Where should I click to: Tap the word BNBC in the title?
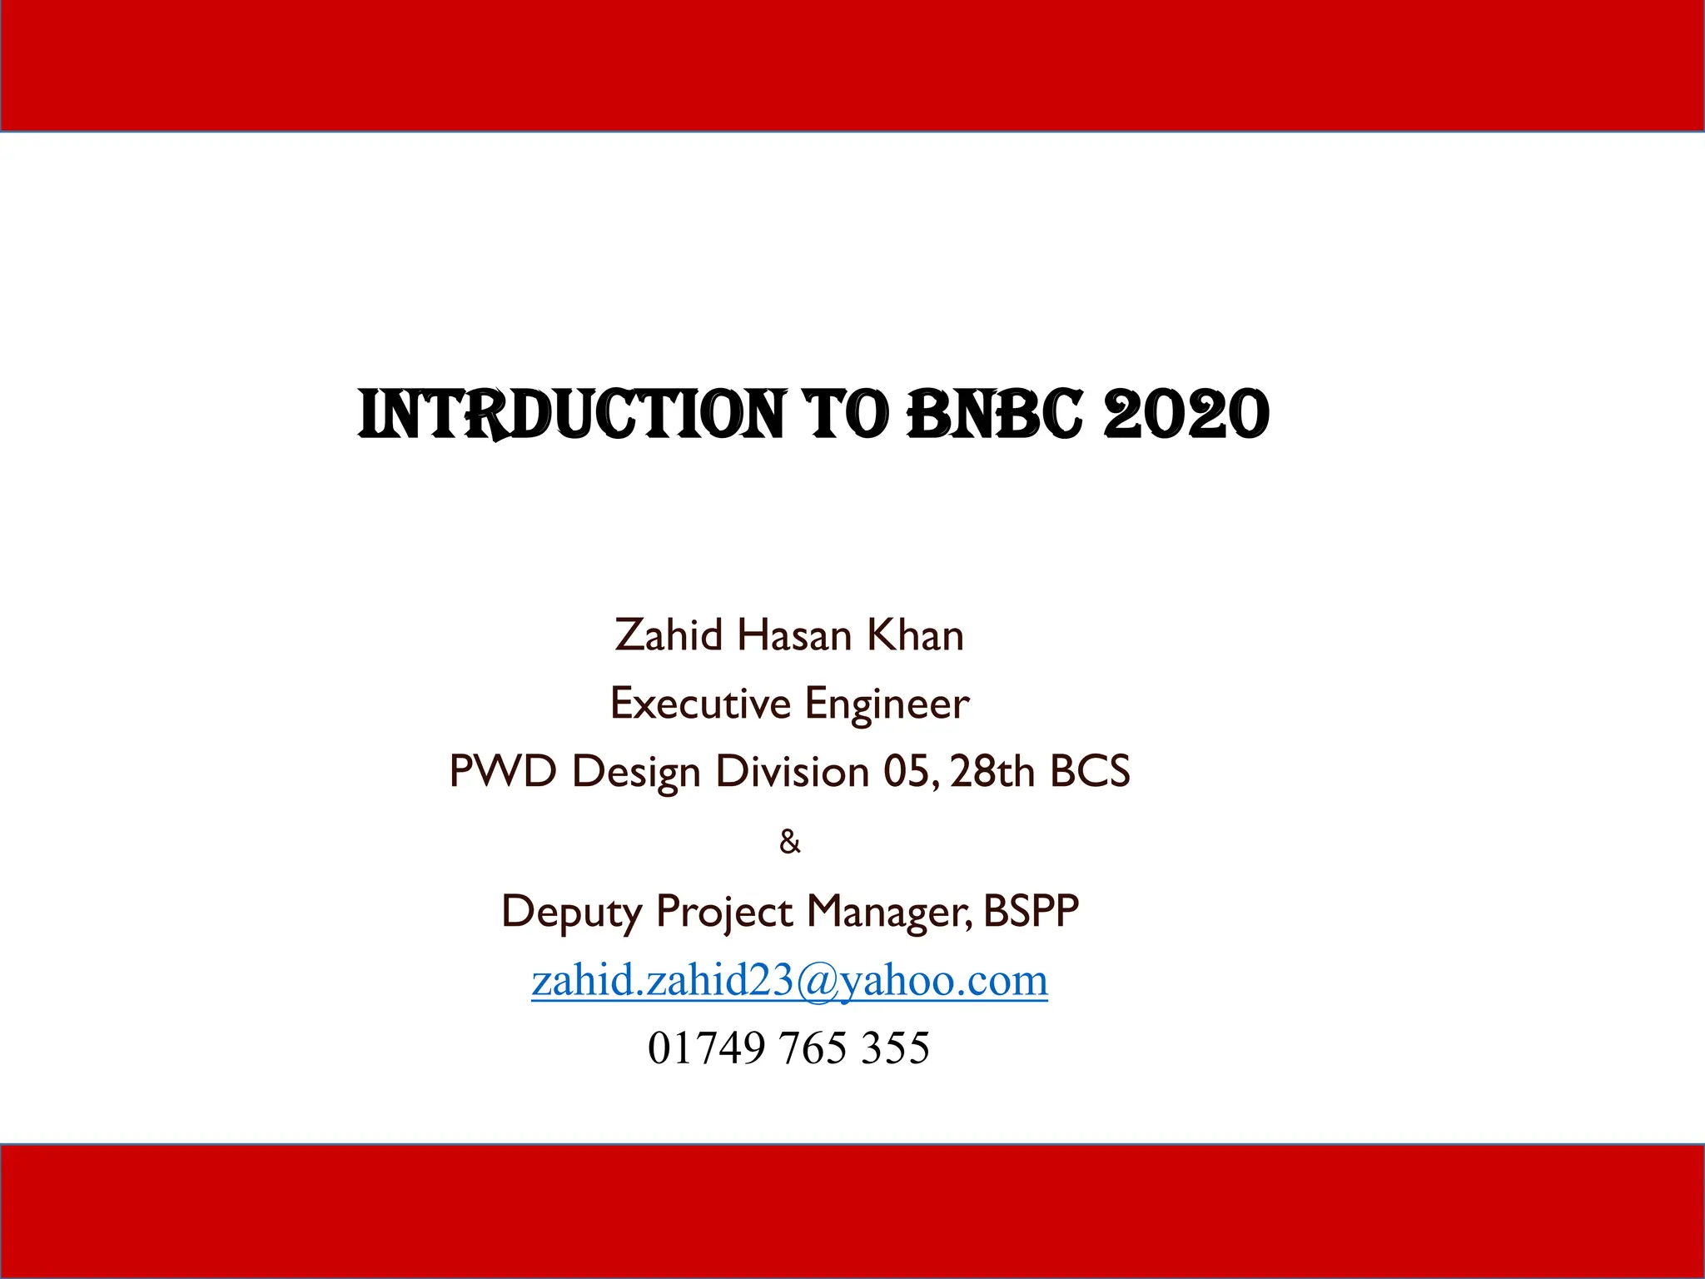tap(994, 414)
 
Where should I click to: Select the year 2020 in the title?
tap(1186, 414)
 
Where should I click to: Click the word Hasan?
tap(794, 635)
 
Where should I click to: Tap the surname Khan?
tap(915, 635)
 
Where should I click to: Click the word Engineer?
tap(887, 704)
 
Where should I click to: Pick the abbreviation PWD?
tap(502, 771)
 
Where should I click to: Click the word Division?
tap(793, 771)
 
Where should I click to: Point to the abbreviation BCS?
tap(1090, 771)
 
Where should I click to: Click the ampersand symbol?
tap(789, 842)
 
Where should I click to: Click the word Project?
tap(723, 912)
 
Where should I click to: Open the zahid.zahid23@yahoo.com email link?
tap(789, 980)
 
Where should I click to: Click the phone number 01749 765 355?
tap(788, 1048)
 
